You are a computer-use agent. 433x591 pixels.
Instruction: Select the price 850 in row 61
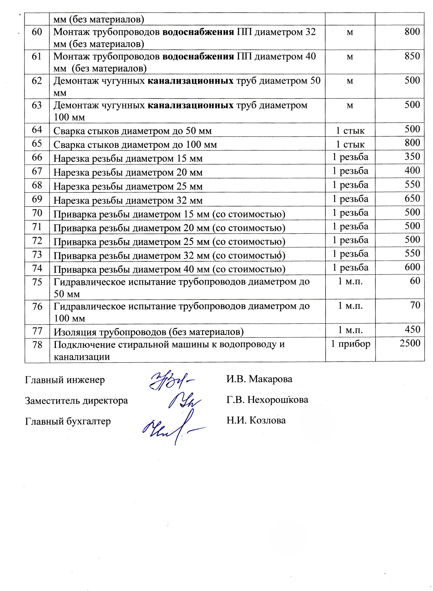pyautogui.click(x=412, y=56)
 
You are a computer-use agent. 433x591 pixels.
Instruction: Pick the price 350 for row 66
pyautogui.click(x=412, y=157)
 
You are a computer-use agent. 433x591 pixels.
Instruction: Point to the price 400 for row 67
pyautogui.click(x=412, y=170)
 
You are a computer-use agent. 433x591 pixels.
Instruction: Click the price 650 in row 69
pyautogui.click(x=412, y=198)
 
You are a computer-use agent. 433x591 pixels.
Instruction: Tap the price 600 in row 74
pyautogui.click(x=412, y=267)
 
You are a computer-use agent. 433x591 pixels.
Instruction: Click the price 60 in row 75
pyautogui.click(x=415, y=281)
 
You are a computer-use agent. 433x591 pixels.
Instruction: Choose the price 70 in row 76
pyautogui.click(x=415, y=305)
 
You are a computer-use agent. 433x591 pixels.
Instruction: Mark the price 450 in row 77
pyautogui.click(x=412, y=330)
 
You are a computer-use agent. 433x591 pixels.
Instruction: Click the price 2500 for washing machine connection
pyautogui.click(x=410, y=343)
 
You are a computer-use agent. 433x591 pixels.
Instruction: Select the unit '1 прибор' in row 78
pyautogui.click(x=350, y=344)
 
